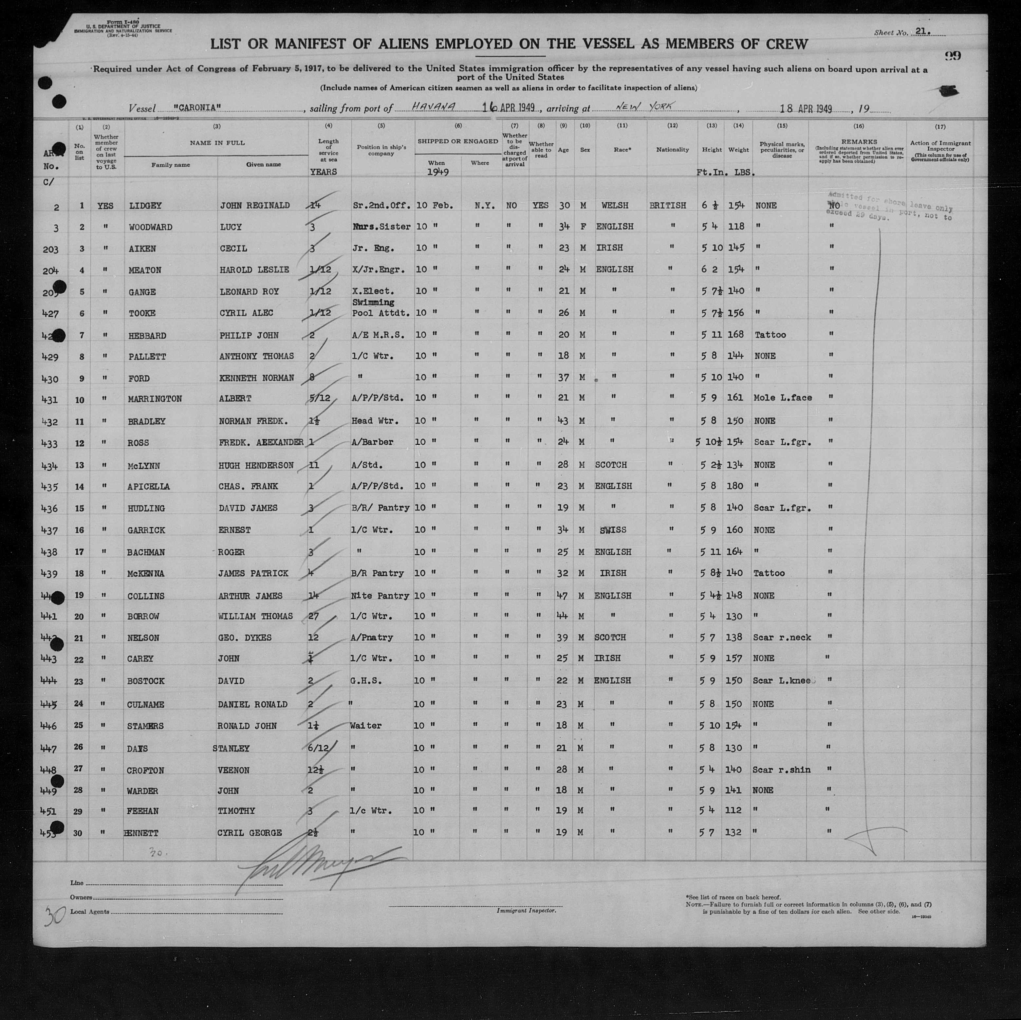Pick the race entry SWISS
point(613,530)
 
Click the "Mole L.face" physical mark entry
point(783,398)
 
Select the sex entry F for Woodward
point(583,227)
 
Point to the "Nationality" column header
point(672,150)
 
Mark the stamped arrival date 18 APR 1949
point(806,109)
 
